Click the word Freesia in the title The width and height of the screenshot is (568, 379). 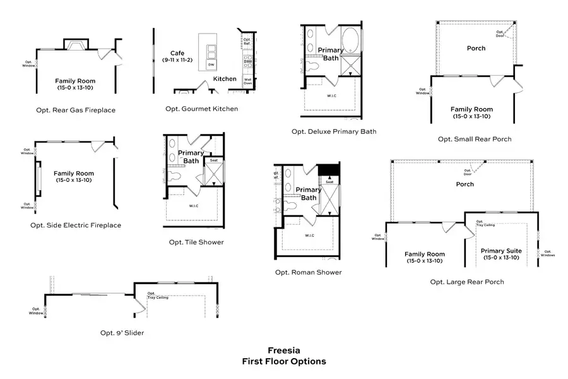pyautogui.click(x=284, y=350)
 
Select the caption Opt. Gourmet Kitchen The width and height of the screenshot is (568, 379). pyautogui.click(x=202, y=109)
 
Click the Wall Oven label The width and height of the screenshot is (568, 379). pyautogui.click(x=248, y=81)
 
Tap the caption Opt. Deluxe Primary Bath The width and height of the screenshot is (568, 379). pyautogui.click(x=334, y=131)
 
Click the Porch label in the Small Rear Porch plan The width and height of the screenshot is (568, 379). pyautogui.click(x=476, y=48)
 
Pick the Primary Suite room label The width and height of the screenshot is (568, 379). pyautogui.click(x=501, y=251)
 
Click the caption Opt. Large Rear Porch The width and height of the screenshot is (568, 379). pyautogui.click(x=467, y=282)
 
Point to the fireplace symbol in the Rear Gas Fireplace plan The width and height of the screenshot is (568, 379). pyautogui.click(x=76, y=44)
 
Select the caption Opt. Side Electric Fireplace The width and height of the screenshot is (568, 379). pyautogui.click(x=76, y=225)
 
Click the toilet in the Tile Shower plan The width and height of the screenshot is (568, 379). pyautogui.click(x=174, y=176)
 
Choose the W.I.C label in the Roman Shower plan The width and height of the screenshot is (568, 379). pyautogui.click(x=309, y=236)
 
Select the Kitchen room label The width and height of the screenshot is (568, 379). pyautogui.click(x=225, y=79)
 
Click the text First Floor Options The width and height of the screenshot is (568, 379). pyautogui.click(x=284, y=361)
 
